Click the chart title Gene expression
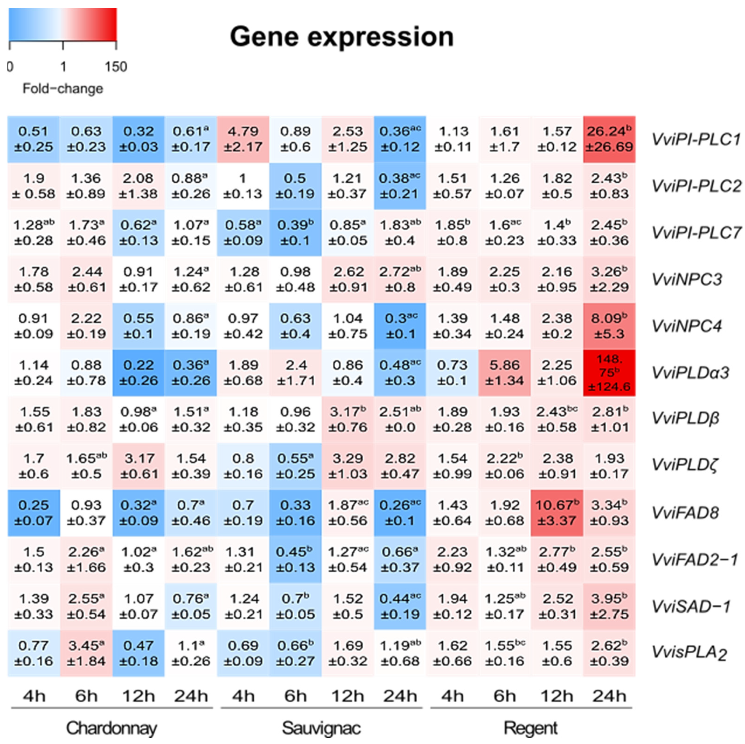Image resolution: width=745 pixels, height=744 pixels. pyautogui.click(x=342, y=37)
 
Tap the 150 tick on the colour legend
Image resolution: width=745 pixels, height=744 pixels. pyautogui.click(x=116, y=67)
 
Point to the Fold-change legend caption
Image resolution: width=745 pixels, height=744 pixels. pyautogui.click(x=63, y=89)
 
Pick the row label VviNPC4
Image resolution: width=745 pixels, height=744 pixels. pyautogui.click(x=686, y=326)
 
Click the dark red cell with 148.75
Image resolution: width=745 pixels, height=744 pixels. pyautogui.click(x=609, y=373)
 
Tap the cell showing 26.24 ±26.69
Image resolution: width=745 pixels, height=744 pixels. pyautogui.click(x=609, y=139)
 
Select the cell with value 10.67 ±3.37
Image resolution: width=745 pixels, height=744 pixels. pyautogui.click(x=557, y=513)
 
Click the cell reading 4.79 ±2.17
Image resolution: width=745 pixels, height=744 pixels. pyautogui.click(x=243, y=139)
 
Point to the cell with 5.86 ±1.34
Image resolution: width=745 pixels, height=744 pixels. pyautogui.click(x=504, y=373)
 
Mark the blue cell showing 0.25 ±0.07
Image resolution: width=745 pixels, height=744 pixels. pyautogui.click(x=33, y=513)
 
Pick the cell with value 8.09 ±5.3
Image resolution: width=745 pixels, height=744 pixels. pyautogui.click(x=609, y=326)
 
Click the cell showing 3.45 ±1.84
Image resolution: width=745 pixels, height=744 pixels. pyautogui.click(x=86, y=653)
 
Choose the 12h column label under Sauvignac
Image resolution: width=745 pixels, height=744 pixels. pyautogui.click(x=348, y=697)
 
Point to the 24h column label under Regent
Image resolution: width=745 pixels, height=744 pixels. pyautogui.click(x=609, y=697)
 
